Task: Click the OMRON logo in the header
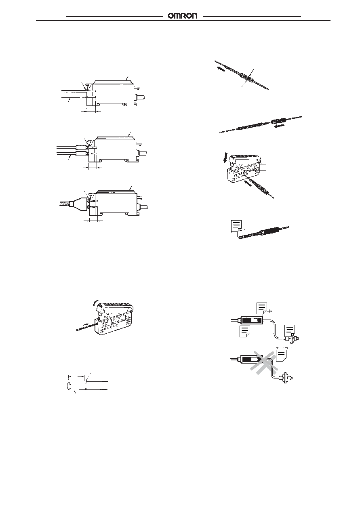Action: click(183, 16)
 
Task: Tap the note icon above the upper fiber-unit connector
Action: click(261, 308)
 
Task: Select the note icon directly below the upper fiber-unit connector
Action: click(245, 332)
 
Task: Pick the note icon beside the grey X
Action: click(281, 355)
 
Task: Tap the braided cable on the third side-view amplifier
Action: click(65, 203)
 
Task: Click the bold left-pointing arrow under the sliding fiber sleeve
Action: click(280, 126)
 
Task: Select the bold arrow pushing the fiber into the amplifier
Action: click(248, 183)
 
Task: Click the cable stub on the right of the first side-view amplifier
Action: click(140, 97)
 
